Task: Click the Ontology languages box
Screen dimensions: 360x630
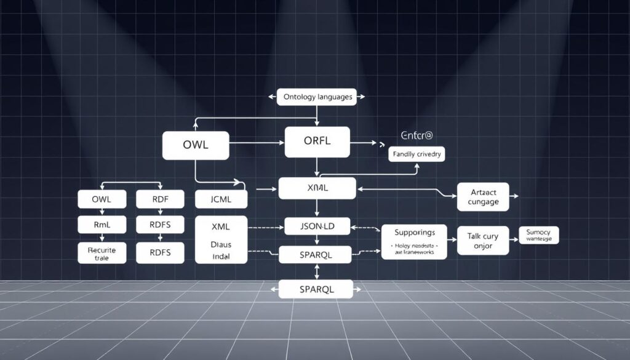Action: pyautogui.click(x=317, y=97)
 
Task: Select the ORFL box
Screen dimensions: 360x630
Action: pyautogui.click(x=317, y=141)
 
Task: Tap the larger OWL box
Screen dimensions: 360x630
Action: pyautogui.click(x=195, y=145)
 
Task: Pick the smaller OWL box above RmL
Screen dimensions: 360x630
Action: pyautogui.click(x=102, y=199)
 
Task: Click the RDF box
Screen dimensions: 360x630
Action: pyautogui.click(x=160, y=199)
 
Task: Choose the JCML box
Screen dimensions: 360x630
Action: pyautogui.click(x=221, y=199)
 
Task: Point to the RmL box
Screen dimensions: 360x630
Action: pyautogui.click(x=102, y=225)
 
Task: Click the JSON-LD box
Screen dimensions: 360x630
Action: pyautogui.click(x=317, y=226)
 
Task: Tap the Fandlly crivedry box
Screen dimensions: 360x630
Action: pyautogui.click(x=416, y=154)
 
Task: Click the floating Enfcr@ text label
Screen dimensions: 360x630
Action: pyautogui.click(x=416, y=135)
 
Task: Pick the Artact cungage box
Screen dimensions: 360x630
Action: pyautogui.click(x=483, y=197)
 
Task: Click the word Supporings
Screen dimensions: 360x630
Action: pyautogui.click(x=414, y=233)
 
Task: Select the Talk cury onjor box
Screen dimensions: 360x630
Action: pyautogui.click(x=482, y=241)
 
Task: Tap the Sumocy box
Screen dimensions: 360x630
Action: pyautogui.click(x=539, y=234)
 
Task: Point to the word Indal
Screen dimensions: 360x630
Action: pyautogui.click(x=220, y=255)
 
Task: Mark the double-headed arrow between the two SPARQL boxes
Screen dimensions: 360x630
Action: pyautogui.click(x=317, y=271)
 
